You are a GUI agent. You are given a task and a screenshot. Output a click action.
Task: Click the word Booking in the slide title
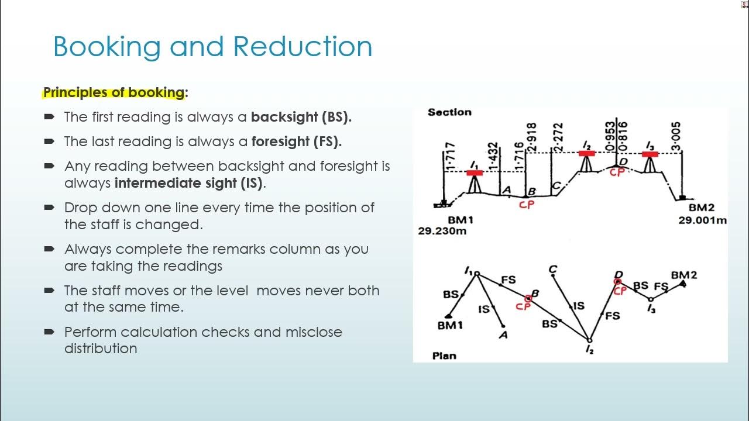[106, 47]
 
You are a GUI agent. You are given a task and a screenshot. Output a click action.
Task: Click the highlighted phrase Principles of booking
[114, 92]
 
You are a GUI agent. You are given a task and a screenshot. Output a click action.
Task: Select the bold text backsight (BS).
[301, 117]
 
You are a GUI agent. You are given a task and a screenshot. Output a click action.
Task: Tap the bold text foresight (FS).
[296, 142]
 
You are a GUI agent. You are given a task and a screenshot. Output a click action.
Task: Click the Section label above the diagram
[449, 112]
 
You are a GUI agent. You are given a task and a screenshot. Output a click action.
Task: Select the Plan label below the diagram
[444, 355]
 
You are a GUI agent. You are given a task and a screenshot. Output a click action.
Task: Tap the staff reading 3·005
[676, 136]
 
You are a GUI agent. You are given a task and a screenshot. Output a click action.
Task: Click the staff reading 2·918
[531, 137]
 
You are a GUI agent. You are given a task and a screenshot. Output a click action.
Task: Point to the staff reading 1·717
[451, 156]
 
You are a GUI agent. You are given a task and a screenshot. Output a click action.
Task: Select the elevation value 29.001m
[702, 220]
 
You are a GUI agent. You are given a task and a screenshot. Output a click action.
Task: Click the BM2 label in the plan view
[683, 275]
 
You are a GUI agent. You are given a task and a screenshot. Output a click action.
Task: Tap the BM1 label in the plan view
[450, 326]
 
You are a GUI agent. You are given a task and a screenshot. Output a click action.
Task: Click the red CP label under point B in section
[526, 205]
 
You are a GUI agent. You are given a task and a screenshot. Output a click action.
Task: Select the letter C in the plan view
[552, 270]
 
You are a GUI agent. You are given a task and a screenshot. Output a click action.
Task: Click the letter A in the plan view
[503, 335]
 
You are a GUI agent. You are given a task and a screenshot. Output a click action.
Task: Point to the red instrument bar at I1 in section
[474, 173]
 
